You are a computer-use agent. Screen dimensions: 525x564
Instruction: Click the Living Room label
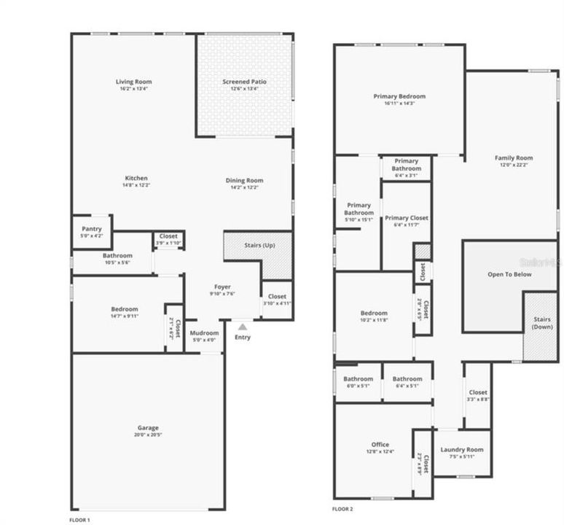134,82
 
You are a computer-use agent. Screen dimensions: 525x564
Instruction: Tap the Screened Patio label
244,82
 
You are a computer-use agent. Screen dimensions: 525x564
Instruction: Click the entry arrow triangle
243,327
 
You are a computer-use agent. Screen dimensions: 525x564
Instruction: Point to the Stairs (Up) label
259,246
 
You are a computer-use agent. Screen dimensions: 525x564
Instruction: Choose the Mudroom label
204,333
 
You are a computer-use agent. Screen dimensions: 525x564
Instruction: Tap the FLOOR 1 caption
79,519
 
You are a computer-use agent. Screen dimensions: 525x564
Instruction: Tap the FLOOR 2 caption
342,508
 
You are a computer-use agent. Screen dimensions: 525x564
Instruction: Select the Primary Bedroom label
399,96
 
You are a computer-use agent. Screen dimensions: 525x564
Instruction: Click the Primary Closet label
407,218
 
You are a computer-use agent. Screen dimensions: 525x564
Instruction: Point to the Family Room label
514,158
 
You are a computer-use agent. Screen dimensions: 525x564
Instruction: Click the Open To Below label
509,274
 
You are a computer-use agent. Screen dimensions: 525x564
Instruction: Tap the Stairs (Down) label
541,323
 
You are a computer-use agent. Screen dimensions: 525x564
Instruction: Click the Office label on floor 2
380,444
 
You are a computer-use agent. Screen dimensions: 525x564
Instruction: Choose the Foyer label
222,287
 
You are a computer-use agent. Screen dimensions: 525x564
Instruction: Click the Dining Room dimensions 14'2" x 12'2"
244,187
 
